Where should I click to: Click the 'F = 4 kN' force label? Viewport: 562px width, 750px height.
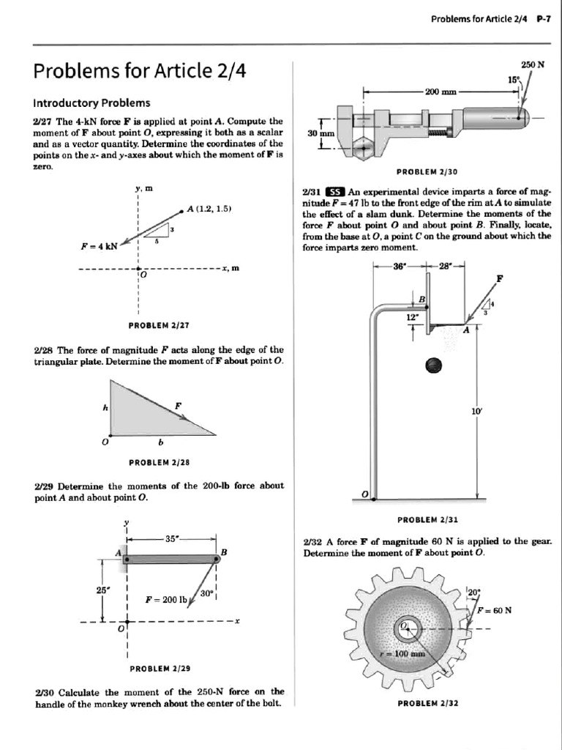click(100, 246)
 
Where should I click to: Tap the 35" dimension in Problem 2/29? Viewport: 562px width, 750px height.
click(173, 538)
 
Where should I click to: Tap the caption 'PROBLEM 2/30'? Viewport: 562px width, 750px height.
click(427, 172)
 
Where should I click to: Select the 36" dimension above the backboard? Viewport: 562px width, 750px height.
click(399, 267)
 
